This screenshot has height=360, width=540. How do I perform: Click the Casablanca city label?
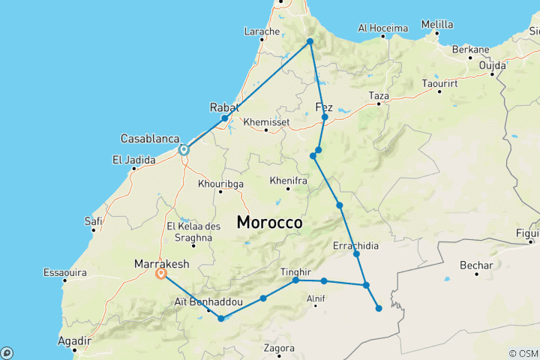click(x=150, y=139)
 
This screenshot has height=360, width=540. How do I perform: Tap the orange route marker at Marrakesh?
click(x=160, y=274)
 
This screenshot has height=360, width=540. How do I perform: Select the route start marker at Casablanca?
click(x=184, y=150)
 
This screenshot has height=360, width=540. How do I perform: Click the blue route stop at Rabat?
click(x=224, y=118)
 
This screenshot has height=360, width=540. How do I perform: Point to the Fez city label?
click(x=324, y=106)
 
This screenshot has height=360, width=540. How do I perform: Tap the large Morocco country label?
click(x=270, y=223)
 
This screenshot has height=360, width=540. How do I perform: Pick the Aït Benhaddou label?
click(x=208, y=301)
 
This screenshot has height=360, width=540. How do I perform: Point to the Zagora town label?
click(x=278, y=348)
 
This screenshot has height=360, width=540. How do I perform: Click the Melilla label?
click(x=437, y=25)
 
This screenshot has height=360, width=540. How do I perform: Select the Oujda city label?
click(x=493, y=64)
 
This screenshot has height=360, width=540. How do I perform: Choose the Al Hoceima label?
click(x=382, y=28)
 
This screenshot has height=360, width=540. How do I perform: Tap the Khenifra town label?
click(x=288, y=181)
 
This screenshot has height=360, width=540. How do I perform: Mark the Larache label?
click(x=262, y=31)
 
